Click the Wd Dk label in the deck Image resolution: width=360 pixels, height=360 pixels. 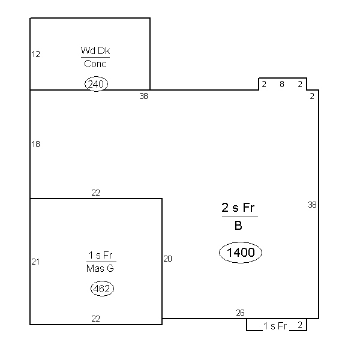click(x=95, y=50)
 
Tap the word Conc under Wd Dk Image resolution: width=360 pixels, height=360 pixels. click(x=95, y=64)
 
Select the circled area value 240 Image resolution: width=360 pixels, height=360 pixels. click(x=96, y=84)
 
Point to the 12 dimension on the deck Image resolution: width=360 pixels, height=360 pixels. click(x=36, y=54)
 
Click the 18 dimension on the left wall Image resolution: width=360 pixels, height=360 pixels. click(x=36, y=144)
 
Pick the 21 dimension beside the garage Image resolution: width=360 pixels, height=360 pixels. click(x=35, y=262)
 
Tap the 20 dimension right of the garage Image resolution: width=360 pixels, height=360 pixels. click(x=167, y=259)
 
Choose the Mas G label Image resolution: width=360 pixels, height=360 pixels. click(x=100, y=268)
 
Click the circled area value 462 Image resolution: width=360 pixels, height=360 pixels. click(x=102, y=289)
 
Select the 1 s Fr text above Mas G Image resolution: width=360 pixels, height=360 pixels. click(x=100, y=255)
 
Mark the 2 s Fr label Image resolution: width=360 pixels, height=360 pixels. click(x=238, y=208)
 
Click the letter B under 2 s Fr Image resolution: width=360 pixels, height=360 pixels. click(x=238, y=226)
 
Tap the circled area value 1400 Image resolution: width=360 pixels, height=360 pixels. click(x=241, y=253)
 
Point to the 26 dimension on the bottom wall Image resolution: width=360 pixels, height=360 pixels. click(x=240, y=313)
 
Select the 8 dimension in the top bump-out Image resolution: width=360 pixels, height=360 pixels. click(x=282, y=84)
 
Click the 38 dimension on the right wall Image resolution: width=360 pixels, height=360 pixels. click(x=312, y=205)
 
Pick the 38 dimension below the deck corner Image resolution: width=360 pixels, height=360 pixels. click(x=144, y=96)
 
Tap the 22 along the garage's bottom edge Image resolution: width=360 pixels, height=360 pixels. click(x=96, y=319)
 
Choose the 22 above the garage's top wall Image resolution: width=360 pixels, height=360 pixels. click(x=96, y=193)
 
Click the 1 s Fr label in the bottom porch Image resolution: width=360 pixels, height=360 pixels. click(x=275, y=326)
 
